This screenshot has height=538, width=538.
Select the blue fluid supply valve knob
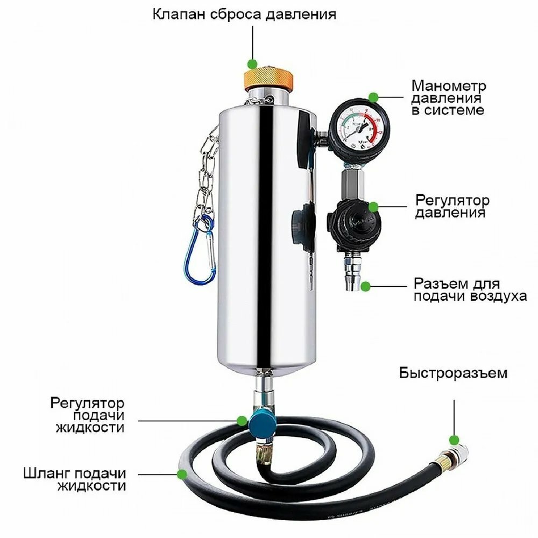262,424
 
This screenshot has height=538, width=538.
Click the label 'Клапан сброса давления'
244,15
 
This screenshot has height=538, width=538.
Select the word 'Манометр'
449,86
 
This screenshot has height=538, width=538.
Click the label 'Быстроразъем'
453,373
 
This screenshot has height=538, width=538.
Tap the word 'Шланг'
47,474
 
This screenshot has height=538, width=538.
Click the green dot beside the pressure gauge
374,97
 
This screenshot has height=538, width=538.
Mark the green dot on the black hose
182,475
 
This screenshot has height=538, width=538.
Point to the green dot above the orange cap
252,64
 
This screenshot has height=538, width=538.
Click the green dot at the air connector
366,286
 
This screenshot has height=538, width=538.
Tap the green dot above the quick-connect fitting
454,440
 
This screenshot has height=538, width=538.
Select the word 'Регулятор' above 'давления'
452,200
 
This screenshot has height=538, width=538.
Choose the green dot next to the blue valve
242,420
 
